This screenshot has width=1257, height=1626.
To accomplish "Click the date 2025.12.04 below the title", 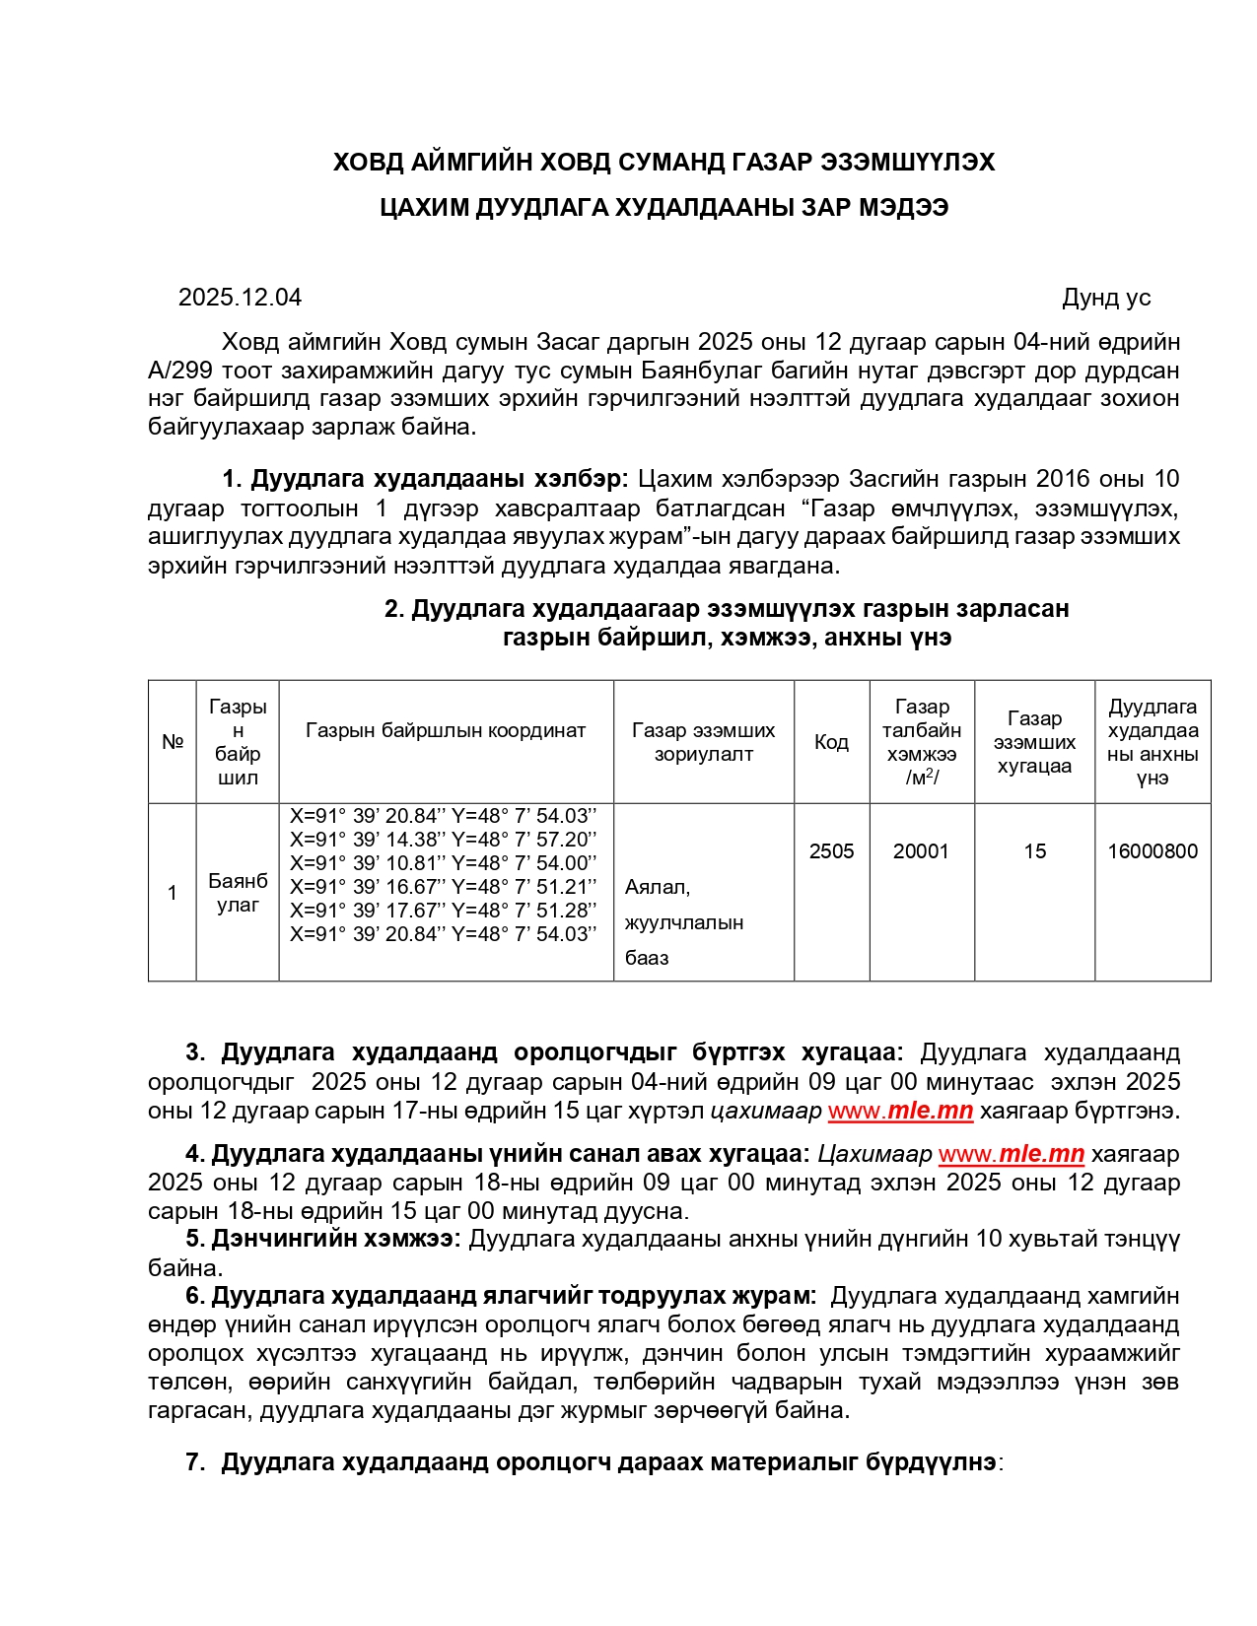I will coord(240,298).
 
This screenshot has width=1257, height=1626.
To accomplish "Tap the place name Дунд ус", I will coord(1105,298).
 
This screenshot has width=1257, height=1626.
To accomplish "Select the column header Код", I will coord(831,742).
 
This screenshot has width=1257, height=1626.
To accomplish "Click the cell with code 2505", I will coord(831,851).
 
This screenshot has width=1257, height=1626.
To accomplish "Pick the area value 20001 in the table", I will coord(921,851).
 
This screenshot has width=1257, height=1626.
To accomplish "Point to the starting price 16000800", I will coord(1152,851).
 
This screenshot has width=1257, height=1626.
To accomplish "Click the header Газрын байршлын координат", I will coord(446,730).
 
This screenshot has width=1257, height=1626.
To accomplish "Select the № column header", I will coord(173,742).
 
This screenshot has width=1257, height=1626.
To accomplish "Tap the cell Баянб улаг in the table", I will coord(238,893).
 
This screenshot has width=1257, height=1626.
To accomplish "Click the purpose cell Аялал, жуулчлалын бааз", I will coord(684,922).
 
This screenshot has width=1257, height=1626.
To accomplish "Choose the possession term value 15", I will coord(1034,851).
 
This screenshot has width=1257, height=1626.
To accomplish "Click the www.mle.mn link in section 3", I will coord(900,1111).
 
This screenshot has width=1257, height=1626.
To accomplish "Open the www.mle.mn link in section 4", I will coord(1011,1154).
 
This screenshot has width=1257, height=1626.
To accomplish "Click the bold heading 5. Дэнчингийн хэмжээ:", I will coord(322,1239).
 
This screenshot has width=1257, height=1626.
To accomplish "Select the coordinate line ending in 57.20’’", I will coord(443,840).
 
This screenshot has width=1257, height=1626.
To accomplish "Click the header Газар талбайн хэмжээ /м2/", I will coord(921,742).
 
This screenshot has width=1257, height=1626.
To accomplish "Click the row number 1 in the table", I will coord(173,893).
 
